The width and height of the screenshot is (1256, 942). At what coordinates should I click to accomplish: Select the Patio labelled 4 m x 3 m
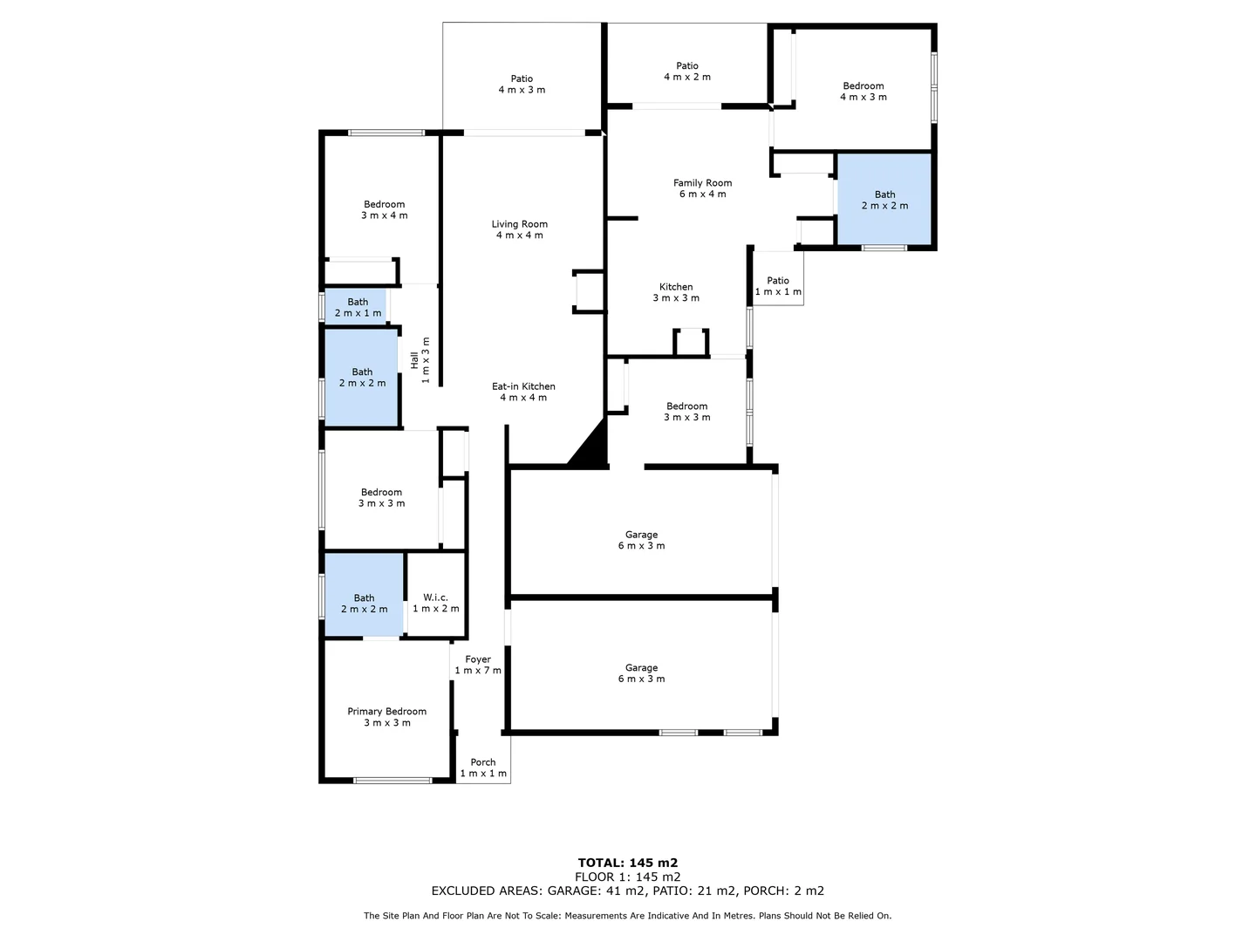point(522,85)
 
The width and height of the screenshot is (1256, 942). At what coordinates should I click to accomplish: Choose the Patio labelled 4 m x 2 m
point(687,71)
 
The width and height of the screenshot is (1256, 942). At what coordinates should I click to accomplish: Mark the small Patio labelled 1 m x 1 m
point(778,286)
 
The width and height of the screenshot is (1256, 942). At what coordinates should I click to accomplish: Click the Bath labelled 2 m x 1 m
point(358,307)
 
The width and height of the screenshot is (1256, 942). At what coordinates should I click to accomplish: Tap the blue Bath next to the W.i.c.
point(364,604)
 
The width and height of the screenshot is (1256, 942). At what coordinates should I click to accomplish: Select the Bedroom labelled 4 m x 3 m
point(863,92)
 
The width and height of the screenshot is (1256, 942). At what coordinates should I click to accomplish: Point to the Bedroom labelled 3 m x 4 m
point(385,209)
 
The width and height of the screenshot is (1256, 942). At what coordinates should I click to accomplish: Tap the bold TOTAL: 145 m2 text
point(628,863)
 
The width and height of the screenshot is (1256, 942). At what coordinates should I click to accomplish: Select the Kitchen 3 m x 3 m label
point(676,292)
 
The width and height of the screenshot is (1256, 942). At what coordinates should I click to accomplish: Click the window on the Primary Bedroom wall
point(392,781)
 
